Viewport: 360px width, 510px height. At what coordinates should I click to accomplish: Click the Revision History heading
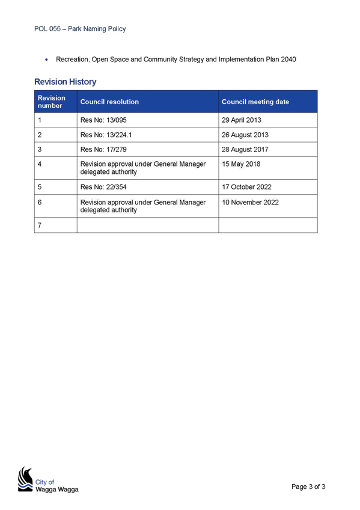pos(66,82)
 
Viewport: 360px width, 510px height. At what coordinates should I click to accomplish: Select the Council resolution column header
pos(109,102)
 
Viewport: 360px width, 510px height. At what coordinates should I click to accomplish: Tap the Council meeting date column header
pos(255,102)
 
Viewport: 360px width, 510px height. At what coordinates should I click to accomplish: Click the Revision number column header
pos(52,102)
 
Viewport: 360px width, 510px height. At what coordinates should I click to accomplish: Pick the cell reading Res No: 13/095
pos(103,120)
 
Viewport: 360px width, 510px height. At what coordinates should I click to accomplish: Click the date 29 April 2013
pos(242,120)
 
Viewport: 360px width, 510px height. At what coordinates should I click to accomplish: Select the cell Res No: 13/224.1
pos(106,135)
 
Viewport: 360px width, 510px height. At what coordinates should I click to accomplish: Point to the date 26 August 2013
pos(245,135)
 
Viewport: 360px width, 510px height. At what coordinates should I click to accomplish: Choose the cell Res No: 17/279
pos(103,149)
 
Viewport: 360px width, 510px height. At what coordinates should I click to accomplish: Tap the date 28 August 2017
pos(245,149)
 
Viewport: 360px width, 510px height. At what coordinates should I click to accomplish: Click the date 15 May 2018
pos(241,164)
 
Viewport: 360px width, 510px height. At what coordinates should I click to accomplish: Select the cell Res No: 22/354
pos(103,187)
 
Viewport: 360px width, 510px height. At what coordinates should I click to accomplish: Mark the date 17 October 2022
pos(246,187)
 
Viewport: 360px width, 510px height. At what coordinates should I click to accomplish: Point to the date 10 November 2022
pos(250,202)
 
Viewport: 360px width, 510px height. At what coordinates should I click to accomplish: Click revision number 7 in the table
pos(40,225)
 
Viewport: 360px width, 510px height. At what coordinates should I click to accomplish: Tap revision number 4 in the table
pos(40,164)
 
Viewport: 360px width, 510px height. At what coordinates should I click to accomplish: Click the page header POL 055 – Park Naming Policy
pos(80,29)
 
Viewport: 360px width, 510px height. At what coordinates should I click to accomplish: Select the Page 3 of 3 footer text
pos(308,487)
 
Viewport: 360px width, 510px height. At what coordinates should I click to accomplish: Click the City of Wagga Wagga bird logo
pos(25,479)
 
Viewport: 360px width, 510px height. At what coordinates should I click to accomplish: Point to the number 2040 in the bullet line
pos(288,59)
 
